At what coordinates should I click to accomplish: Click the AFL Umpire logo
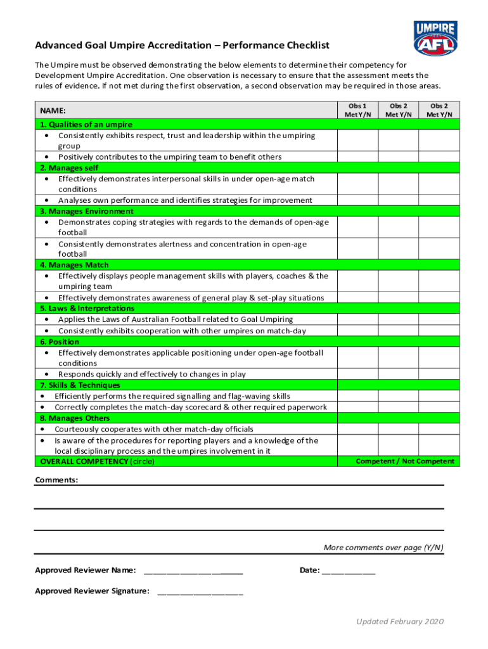(x=435, y=39)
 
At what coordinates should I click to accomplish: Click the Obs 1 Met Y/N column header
(x=357, y=110)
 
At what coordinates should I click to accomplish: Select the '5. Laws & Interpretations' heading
(x=87, y=309)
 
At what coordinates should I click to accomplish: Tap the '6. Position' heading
(x=60, y=342)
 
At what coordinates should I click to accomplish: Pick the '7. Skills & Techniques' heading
(x=80, y=385)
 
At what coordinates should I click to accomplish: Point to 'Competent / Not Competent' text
(x=405, y=461)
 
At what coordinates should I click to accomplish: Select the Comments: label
(x=56, y=480)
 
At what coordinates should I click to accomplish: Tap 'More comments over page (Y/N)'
(x=383, y=548)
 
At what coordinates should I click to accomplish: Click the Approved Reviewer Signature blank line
(x=200, y=593)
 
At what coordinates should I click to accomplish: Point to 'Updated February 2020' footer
(x=400, y=621)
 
